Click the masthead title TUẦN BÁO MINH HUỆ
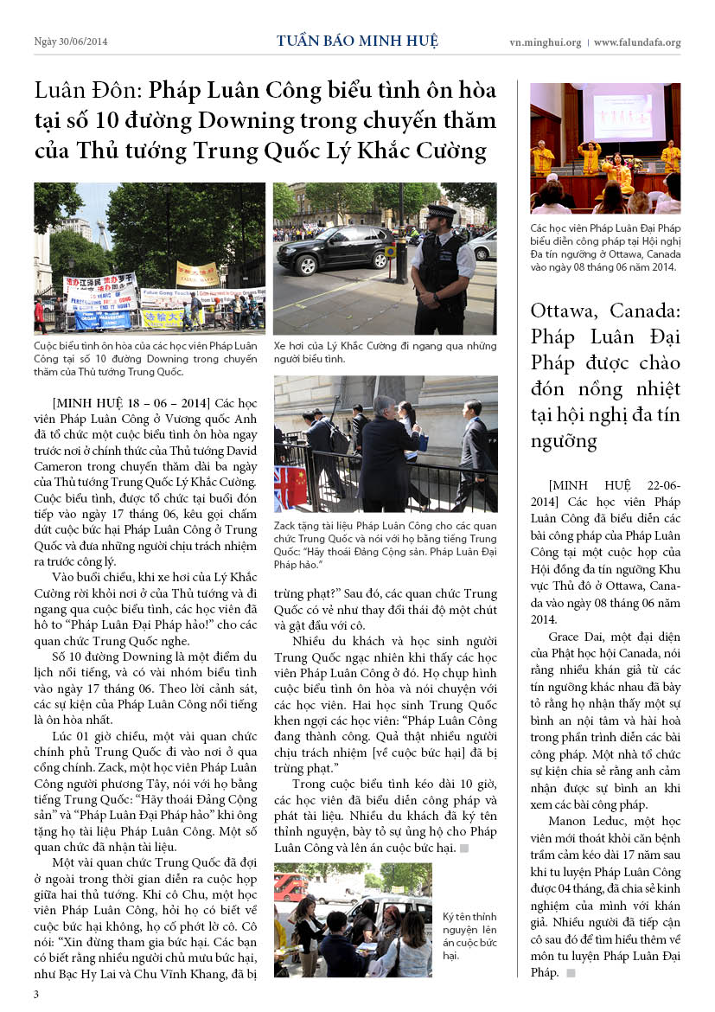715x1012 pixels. pos(357,41)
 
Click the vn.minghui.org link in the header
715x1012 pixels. pos(545,42)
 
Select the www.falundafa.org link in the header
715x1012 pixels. pos(637,42)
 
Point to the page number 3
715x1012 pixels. pos(36,994)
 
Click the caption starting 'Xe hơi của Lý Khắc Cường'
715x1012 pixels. pos(385,351)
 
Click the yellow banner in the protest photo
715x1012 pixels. pos(197,274)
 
